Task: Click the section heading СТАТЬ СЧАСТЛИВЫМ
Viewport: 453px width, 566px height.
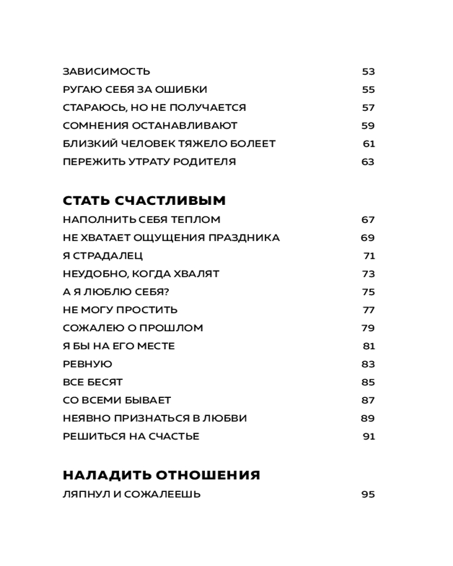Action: click(x=144, y=201)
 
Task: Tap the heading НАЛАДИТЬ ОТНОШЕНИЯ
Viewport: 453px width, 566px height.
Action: click(x=161, y=475)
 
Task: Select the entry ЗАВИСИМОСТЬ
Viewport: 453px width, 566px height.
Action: click(x=106, y=72)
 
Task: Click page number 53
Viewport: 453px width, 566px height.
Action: click(x=368, y=72)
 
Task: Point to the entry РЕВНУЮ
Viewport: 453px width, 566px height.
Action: click(x=88, y=364)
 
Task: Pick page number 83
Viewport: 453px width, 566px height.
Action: click(x=368, y=364)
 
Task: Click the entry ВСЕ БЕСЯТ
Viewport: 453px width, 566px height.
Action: click(x=93, y=382)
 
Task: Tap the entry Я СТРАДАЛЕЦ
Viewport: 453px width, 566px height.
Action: click(x=103, y=256)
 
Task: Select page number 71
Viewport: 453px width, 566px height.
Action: click(x=369, y=256)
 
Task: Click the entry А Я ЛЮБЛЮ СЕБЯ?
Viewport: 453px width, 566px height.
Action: click(x=117, y=292)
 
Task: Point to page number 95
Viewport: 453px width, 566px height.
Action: click(x=368, y=494)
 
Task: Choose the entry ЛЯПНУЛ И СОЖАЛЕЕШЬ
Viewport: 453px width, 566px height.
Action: click(x=132, y=494)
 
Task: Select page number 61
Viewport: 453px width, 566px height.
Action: click(x=369, y=144)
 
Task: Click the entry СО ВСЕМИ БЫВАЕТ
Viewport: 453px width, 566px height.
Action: click(x=117, y=400)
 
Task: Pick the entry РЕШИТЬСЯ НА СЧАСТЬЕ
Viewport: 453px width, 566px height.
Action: click(x=131, y=436)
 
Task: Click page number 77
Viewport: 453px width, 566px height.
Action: click(x=369, y=310)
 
